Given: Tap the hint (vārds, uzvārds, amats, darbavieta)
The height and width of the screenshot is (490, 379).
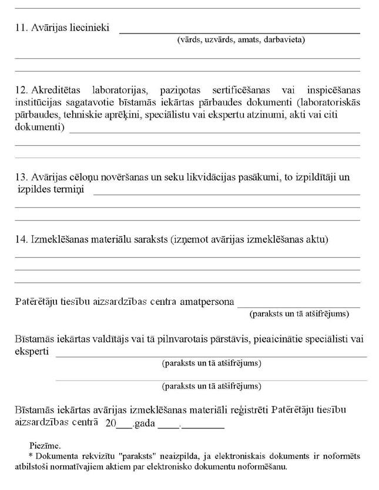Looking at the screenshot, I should (240, 40).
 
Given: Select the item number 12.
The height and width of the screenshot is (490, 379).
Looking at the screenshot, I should (21, 90).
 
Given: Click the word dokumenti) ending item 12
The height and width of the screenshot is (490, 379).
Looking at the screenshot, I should (39, 127).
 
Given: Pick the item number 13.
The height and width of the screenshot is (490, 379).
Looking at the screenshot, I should (21, 177).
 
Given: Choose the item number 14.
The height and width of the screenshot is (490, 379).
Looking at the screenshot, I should (21, 239).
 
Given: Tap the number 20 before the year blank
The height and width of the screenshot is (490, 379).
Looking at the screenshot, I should (110, 424).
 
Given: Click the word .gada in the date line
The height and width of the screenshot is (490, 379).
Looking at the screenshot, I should (144, 424).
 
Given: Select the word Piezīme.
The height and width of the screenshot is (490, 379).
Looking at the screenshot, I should (45, 445).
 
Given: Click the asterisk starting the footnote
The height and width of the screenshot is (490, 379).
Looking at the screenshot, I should (31, 455).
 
